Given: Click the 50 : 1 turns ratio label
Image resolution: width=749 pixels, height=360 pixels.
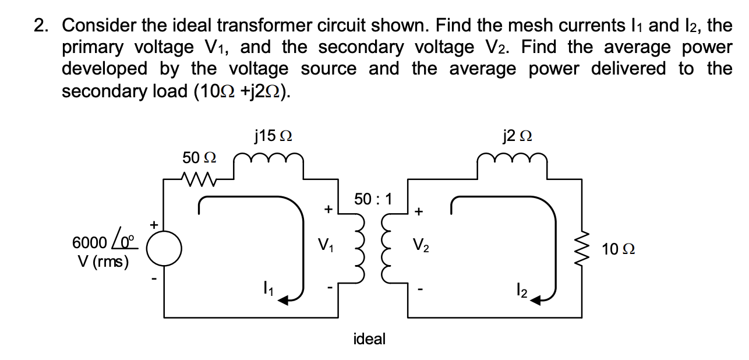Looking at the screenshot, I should point(373,199).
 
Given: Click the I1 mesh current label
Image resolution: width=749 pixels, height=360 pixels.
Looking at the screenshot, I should point(266,287).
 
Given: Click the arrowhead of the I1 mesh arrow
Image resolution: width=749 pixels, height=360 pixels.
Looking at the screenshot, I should point(281,299).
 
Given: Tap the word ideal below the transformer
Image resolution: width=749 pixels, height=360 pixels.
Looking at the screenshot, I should point(369,339).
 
